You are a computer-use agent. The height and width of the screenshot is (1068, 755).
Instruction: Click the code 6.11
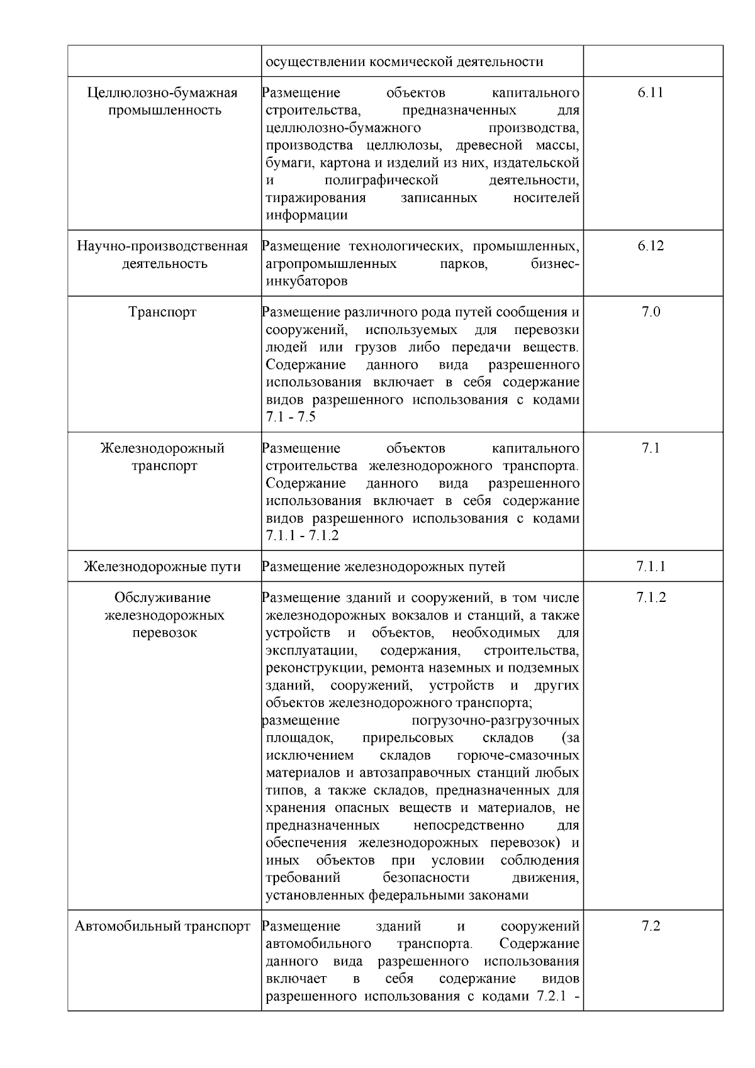[x=650, y=93]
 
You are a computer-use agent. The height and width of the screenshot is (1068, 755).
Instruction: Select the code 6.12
[x=650, y=246]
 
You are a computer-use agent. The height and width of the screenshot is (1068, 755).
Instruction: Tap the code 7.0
[x=651, y=312]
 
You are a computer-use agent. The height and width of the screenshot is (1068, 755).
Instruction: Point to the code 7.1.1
[x=651, y=567]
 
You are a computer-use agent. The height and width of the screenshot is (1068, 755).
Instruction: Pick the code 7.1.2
[x=651, y=598]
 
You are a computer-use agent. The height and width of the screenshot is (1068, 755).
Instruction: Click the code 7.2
[x=651, y=926]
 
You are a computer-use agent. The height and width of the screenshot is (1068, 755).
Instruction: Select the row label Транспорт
[x=162, y=312]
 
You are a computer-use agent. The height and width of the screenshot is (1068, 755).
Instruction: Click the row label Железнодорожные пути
[x=162, y=567]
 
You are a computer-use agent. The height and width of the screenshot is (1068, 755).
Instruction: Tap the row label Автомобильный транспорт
[x=162, y=926]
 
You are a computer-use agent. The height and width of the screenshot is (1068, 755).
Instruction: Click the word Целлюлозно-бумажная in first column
[x=162, y=93]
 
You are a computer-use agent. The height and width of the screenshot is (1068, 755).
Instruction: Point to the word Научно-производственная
[x=162, y=246]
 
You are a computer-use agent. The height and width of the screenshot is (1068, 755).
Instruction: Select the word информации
[x=306, y=215]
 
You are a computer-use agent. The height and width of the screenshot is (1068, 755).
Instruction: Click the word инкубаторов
[x=306, y=281]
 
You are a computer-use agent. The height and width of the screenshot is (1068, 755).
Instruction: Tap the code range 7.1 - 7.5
[x=291, y=418]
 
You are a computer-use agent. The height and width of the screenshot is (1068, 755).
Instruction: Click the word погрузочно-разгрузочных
[x=495, y=720]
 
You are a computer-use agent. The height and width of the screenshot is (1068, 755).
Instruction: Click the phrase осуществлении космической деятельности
[x=405, y=62]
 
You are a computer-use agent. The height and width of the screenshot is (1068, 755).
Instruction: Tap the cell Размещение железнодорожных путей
[x=384, y=567]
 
